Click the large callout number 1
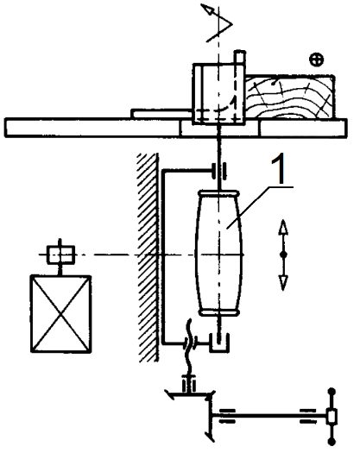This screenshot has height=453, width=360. pos(278,170)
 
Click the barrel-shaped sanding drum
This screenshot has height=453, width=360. pos(218,253)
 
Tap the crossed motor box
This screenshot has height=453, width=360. pos(61,314)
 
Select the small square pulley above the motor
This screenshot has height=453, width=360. pos(61,255)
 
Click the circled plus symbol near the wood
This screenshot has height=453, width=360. pos(316,60)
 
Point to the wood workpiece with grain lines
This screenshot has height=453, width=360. pos(290,97)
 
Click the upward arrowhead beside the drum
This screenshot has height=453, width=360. pos(283,228)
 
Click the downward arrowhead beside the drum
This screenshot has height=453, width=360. pos(283,282)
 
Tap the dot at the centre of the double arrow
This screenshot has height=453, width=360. pos(283,255)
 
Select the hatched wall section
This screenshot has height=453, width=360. pos(148,257)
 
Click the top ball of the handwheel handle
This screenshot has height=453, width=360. pos(332,392)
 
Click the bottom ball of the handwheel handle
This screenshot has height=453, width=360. pos(332,442)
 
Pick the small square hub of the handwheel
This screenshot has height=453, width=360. pos(332,417)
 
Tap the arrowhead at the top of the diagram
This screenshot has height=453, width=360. pos(207,9)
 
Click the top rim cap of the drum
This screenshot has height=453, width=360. pos(218,192)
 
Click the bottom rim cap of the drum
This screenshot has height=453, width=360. pos(219,313)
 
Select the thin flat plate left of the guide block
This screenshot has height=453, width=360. pos(161,113)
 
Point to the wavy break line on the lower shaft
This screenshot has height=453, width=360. pos(189,345)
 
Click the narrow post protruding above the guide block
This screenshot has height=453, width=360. pos(239,57)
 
